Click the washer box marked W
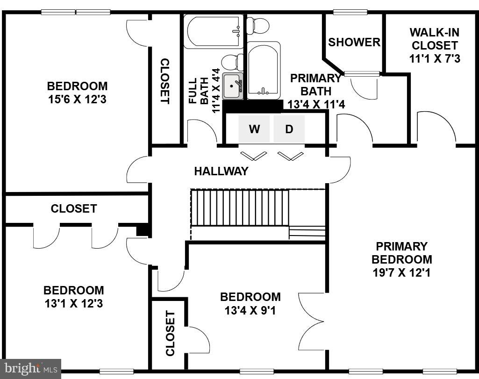point(254,129)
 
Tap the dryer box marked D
point(289,129)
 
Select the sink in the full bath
point(232,86)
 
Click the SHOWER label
point(354,42)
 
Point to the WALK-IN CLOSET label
point(434,39)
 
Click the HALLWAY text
point(221,171)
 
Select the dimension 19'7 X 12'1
point(402,272)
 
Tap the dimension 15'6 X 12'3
point(77,99)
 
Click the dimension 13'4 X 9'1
point(250,309)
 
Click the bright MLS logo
point(30,368)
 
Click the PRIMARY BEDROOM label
point(402,252)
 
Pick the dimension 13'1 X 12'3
point(73,303)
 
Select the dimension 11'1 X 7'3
point(434,59)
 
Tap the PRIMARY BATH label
point(316,84)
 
